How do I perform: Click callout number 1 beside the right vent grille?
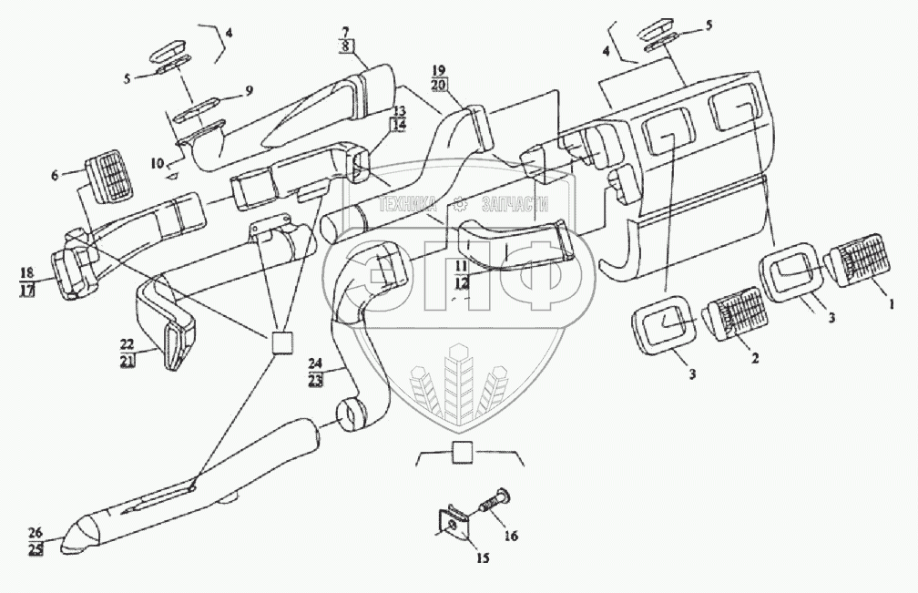click(891, 304)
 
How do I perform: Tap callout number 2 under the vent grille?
click(754, 358)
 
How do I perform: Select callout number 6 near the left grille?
click(55, 175)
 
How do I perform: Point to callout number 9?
click(249, 91)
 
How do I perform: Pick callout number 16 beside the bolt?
click(511, 536)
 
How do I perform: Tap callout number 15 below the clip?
click(482, 557)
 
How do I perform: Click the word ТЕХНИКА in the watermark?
click(409, 204)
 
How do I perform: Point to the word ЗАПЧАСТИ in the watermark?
click(515, 204)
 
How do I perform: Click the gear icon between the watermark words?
click(459, 204)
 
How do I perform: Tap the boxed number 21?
click(127, 362)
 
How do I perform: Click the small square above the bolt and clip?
click(461, 453)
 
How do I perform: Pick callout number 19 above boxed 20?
click(439, 72)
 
